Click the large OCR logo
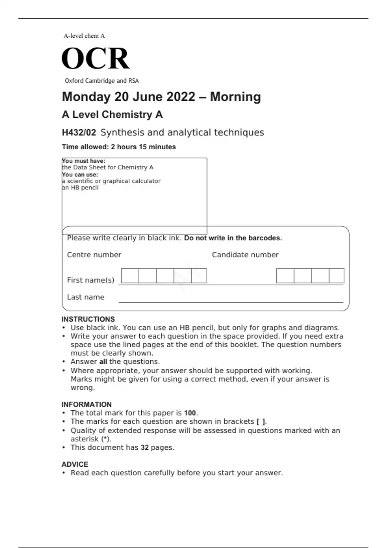click(x=95, y=58)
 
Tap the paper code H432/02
click(x=79, y=132)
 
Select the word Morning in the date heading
click(x=235, y=97)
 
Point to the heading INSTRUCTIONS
click(x=88, y=319)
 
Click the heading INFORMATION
click(x=86, y=404)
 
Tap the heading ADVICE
click(x=75, y=464)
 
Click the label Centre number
click(x=94, y=255)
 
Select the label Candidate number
click(x=245, y=255)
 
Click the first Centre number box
click(x=130, y=276)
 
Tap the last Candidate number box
click(x=337, y=276)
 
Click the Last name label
click(x=85, y=297)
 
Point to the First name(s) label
click(x=91, y=280)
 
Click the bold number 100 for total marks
click(x=190, y=413)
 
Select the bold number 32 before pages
click(x=144, y=447)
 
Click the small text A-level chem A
click(x=84, y=36)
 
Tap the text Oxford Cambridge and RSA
click(x=102, y=81)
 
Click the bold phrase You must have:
click(x=84, y=161)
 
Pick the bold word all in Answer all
click(x=103, y=362)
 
